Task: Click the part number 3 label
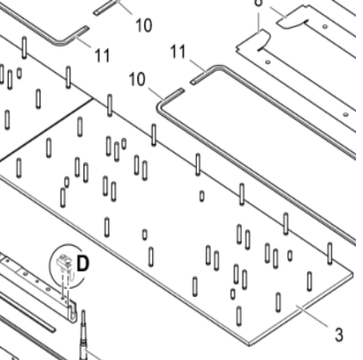(x=338, y=334)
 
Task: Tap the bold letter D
(x=83, y=261)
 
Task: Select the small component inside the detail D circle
(x=64, y=262)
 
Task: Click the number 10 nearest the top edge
(x=143, y=25)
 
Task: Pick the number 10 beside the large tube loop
(x=137, y=80)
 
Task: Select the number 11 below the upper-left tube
(x=103, y=54)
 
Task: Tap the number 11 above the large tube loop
(x=178, y=54)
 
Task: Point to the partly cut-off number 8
(x=258, y=4)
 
